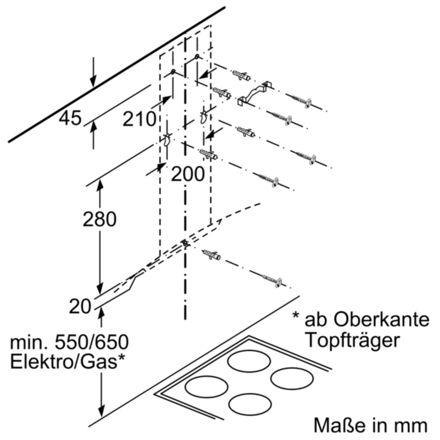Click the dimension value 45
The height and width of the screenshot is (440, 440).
(70, 118)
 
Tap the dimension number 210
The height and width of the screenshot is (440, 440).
(139, 119)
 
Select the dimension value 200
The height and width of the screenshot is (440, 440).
(187, 174)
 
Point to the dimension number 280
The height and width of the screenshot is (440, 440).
(100, 219)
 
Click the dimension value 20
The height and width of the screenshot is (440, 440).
(80, 307)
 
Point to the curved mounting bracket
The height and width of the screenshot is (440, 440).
(254, 93)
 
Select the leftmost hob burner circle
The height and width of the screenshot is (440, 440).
(206, 387)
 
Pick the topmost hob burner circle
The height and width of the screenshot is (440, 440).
(249, 361)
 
